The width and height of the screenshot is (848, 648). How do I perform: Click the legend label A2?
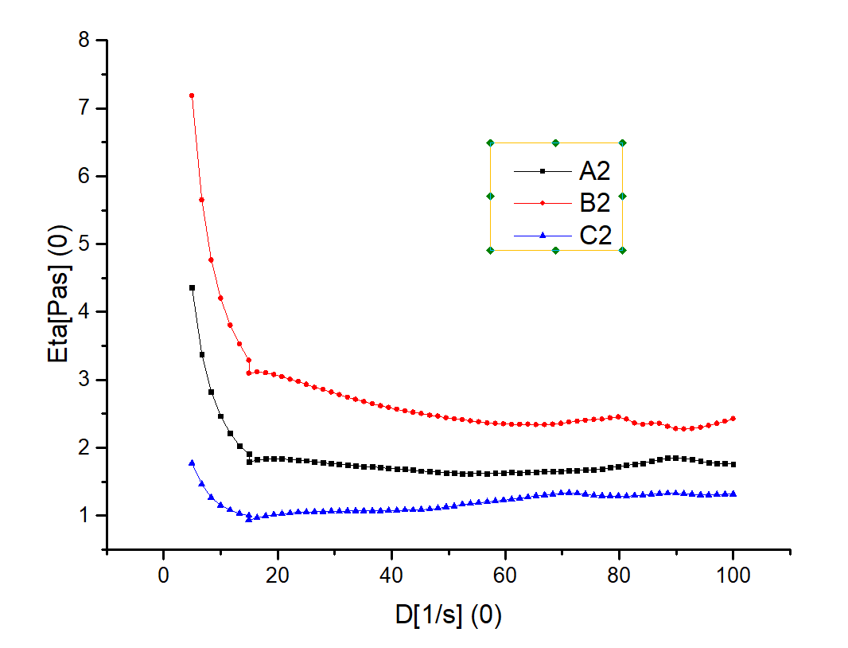[594, 171]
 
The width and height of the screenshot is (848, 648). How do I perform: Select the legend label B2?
[594, 203]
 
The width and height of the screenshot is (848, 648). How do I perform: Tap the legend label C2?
[594, 236]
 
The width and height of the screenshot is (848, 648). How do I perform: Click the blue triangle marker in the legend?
[543, 235]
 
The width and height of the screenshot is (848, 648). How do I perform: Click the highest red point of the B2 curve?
[192, 96]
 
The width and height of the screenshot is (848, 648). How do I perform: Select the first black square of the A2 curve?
[192, 287]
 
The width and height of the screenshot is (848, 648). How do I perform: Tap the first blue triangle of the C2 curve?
[192, 463]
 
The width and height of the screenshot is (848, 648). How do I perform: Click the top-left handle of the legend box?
[490, 143]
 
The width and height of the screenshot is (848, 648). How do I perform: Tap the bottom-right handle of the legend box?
[622, 250]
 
